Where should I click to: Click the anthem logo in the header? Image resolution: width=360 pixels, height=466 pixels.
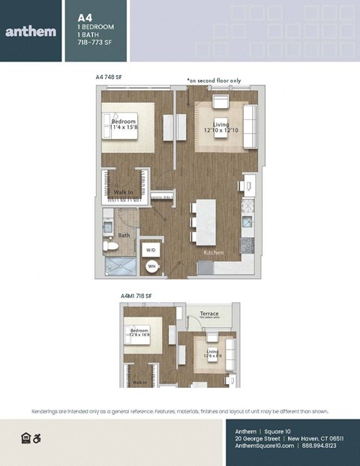31,31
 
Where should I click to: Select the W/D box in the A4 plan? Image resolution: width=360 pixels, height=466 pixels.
151,249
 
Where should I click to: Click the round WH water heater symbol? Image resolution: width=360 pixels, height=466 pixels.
151,266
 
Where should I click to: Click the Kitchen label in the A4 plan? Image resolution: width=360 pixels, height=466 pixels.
214,253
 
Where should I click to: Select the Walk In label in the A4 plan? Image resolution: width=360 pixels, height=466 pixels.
124,193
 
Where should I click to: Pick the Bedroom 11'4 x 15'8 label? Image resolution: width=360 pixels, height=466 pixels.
124,125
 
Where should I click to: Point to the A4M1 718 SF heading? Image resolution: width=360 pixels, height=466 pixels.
136,296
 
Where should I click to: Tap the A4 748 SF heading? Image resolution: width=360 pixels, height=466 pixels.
109,77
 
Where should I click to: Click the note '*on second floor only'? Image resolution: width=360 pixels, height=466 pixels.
214,80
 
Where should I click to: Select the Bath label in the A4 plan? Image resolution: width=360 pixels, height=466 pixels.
124,235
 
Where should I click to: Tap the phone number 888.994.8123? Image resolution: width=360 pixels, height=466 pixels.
320,445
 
